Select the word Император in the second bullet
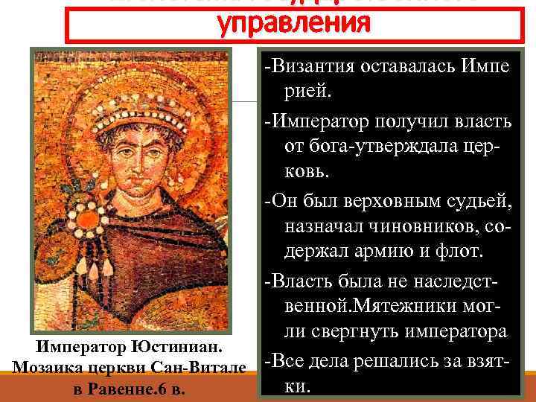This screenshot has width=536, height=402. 320,118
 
